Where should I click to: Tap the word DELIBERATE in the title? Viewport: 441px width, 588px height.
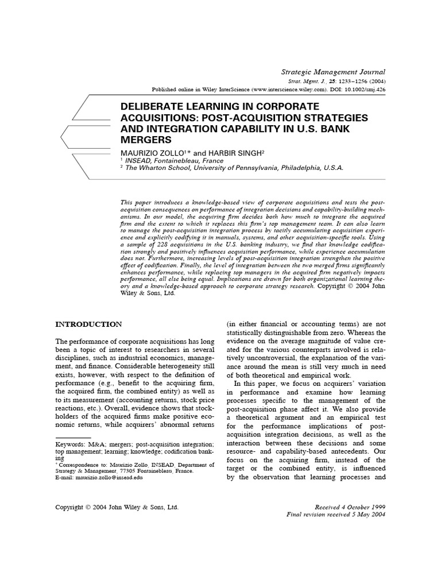coord(150,107)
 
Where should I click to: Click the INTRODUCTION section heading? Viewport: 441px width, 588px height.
coord(88,324)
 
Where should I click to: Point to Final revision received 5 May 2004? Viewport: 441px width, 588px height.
coord(336,515)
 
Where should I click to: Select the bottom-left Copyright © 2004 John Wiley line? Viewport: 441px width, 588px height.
coord(117,508)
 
